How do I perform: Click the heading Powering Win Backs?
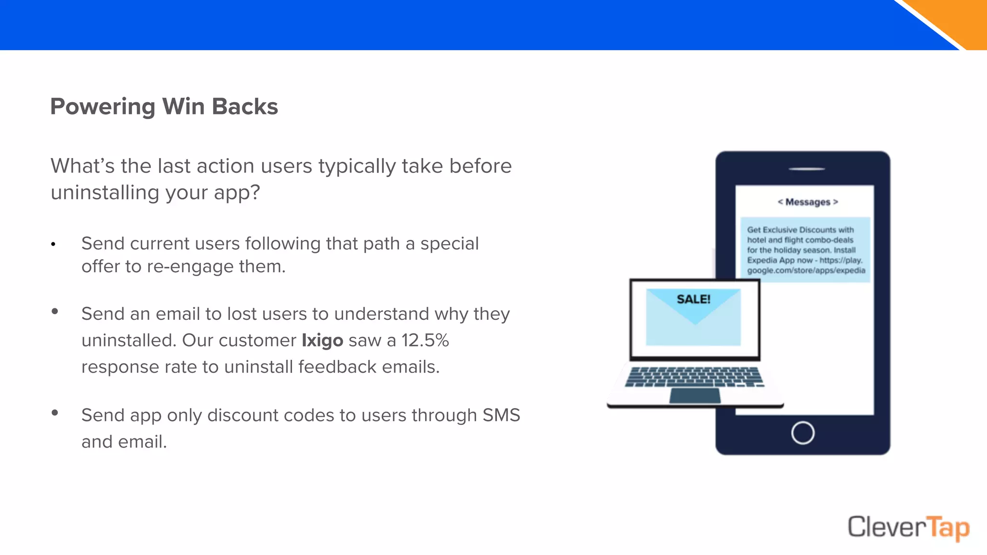[x=164, y=106]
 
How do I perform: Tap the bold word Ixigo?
[x=322, y=340]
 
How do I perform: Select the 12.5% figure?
[x=425, y=340]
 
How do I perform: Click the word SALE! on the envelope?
[x=694, y=299]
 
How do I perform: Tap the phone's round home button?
[x=802, y=433]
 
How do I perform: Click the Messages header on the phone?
[x=808, y=202]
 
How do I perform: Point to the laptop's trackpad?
[x=695, y=396]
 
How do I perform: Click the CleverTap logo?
[x=908, y=528]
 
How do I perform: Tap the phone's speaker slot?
[x=807, y=169]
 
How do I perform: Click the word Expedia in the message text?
[x=762, y=260]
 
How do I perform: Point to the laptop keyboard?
[x=694, y=376]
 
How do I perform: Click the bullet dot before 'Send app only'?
[x=55, y=413]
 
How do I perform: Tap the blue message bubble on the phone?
[x=805, y=250]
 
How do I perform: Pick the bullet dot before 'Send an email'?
[x=55, y=312]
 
